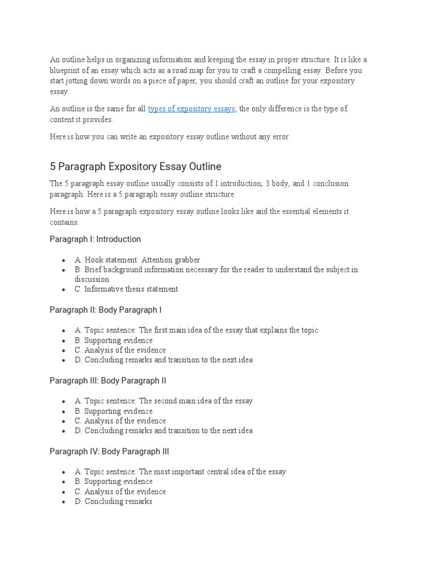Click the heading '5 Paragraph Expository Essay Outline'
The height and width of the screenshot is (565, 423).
tap(135, 166)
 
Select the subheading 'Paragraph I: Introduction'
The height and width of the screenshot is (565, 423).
tap(95, 239)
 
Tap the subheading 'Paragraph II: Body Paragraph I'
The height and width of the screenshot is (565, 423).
tap(105, 310)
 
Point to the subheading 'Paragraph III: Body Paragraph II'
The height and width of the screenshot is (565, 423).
tap(107, 381)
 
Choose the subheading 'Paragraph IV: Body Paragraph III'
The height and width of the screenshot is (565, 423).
tap(109, 451)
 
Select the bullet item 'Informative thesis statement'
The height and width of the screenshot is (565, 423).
tap(131, 289)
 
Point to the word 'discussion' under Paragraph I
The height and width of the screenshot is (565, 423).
tap(92, 279)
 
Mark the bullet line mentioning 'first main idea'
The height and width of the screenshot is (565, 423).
tap(196, 330)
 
